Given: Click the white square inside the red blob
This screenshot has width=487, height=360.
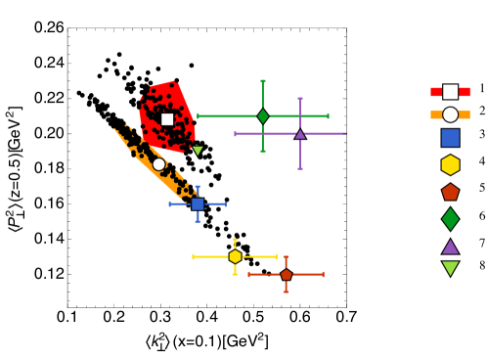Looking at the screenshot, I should [167, 119].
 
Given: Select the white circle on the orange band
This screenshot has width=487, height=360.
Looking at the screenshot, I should [158, 164].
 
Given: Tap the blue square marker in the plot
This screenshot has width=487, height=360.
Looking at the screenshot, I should [198, 204].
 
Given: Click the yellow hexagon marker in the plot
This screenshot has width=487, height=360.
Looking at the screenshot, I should [235, 256].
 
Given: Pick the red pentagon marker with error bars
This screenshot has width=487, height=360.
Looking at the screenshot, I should [286, 275].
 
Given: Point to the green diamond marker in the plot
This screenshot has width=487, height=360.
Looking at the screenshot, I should [263, 116].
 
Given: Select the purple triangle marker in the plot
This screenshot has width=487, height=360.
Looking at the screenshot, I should [300, 134].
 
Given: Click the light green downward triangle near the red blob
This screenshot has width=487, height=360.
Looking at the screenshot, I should [198, 151].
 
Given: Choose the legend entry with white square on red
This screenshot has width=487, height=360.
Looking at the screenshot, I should [450, 92].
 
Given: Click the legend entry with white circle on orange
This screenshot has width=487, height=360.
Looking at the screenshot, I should [450, 114].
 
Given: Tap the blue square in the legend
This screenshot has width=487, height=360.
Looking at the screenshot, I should [450, 138].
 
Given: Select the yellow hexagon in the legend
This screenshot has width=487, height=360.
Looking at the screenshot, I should [450, 165].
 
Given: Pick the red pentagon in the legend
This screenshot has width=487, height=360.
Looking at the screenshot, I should [450, 192].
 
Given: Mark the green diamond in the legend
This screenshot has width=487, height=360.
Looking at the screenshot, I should [450, 219].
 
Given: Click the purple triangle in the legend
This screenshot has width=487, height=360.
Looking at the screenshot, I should [450, 247].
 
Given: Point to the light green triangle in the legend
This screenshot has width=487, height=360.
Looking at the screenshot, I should [450, 268].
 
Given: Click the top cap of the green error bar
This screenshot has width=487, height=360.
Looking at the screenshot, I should [263, 81].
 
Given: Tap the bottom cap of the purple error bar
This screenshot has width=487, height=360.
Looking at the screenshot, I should [300, 168].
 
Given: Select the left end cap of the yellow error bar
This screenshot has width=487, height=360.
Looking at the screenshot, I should [194, 256].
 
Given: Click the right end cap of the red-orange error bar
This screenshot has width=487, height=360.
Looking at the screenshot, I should [323, 275].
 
